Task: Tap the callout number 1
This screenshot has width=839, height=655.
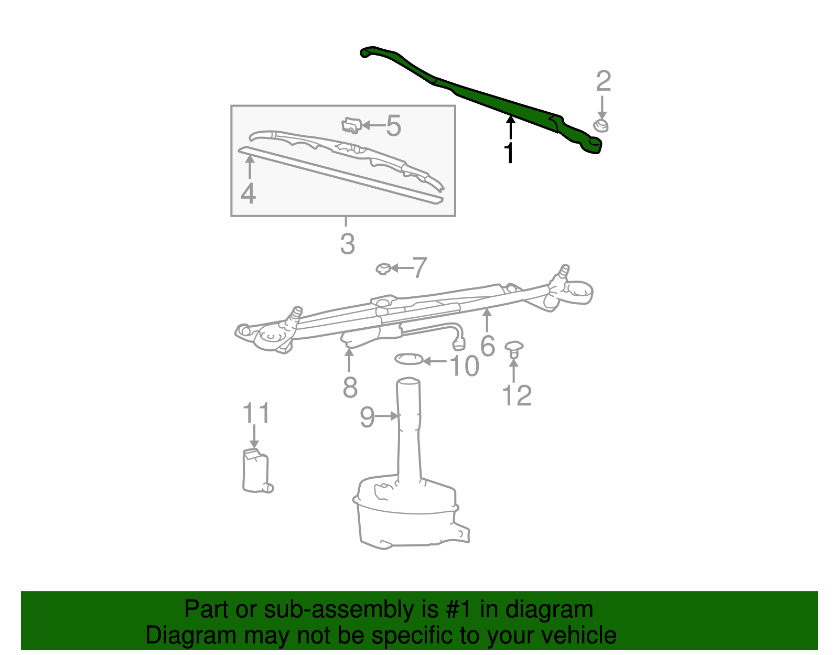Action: (x=509, y=153)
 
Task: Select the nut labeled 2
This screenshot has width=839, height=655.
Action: (x=601, y=126)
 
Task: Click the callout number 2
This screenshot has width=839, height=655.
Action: (x=604, y=82)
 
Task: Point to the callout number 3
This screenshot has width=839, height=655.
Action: (x=347, y=244)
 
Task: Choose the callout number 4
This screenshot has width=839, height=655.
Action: (x=248, y=194)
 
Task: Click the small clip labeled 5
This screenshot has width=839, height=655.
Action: (x=351, y=125)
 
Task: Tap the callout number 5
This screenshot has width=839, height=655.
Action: (x=393, y=126)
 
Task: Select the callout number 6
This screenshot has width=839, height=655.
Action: (x=488, y=346)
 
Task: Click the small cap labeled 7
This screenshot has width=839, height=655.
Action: (x=383, y=269)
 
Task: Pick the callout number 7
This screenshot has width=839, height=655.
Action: (x=419, y=268)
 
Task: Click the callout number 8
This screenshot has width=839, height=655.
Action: (x=350, y=388)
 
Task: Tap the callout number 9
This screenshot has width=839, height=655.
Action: (x=367, y=417)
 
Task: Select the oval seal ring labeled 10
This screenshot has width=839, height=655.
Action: (x=408, y=359)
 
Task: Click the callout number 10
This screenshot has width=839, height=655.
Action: (x=464, y=366)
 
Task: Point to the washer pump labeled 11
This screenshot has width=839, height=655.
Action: (x=256, y=471)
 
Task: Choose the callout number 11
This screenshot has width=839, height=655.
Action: (x=256, y=413)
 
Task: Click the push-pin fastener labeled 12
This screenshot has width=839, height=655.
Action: (x=514, y=349)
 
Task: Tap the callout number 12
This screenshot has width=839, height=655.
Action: (x=517, y=396)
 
